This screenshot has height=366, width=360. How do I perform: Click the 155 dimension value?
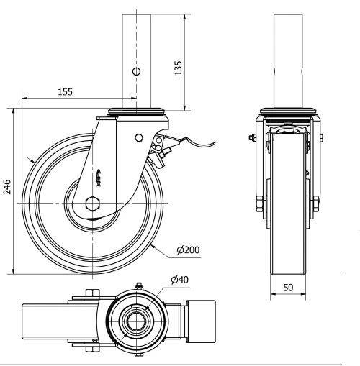tap(65, 92)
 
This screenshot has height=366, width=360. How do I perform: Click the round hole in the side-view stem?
tap(135, 72)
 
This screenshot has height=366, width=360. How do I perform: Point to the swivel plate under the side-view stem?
tap(135, 111)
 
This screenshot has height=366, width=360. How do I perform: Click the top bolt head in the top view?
tap(91, 292)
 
